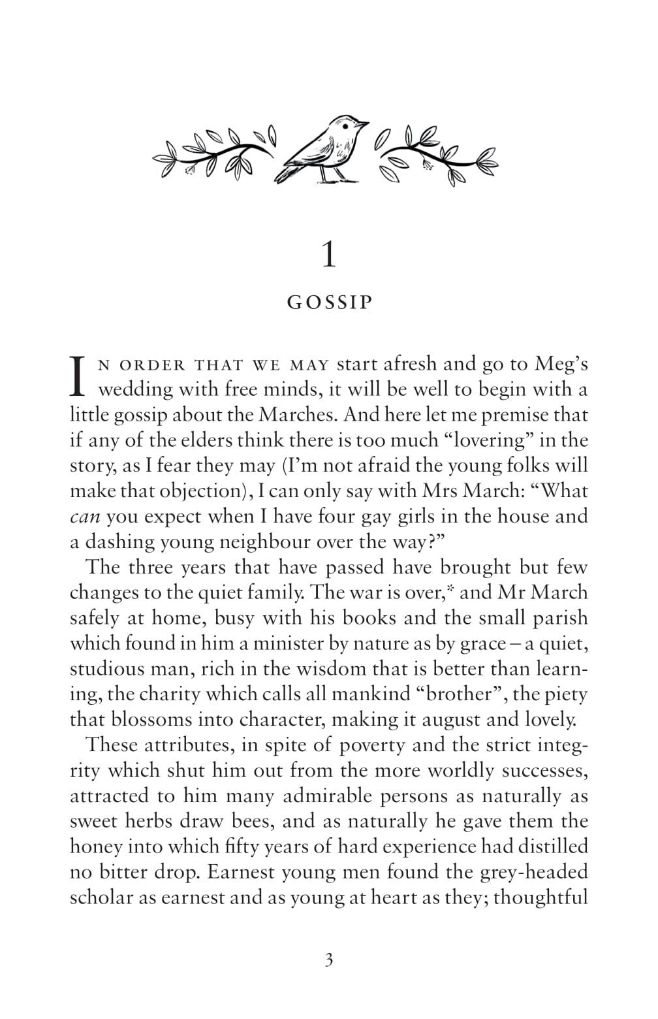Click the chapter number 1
click(x=329, y=255)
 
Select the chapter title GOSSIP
click(x=329, y=303)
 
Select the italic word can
click(x=84, y=517)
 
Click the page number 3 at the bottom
click(x=328, y=960)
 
